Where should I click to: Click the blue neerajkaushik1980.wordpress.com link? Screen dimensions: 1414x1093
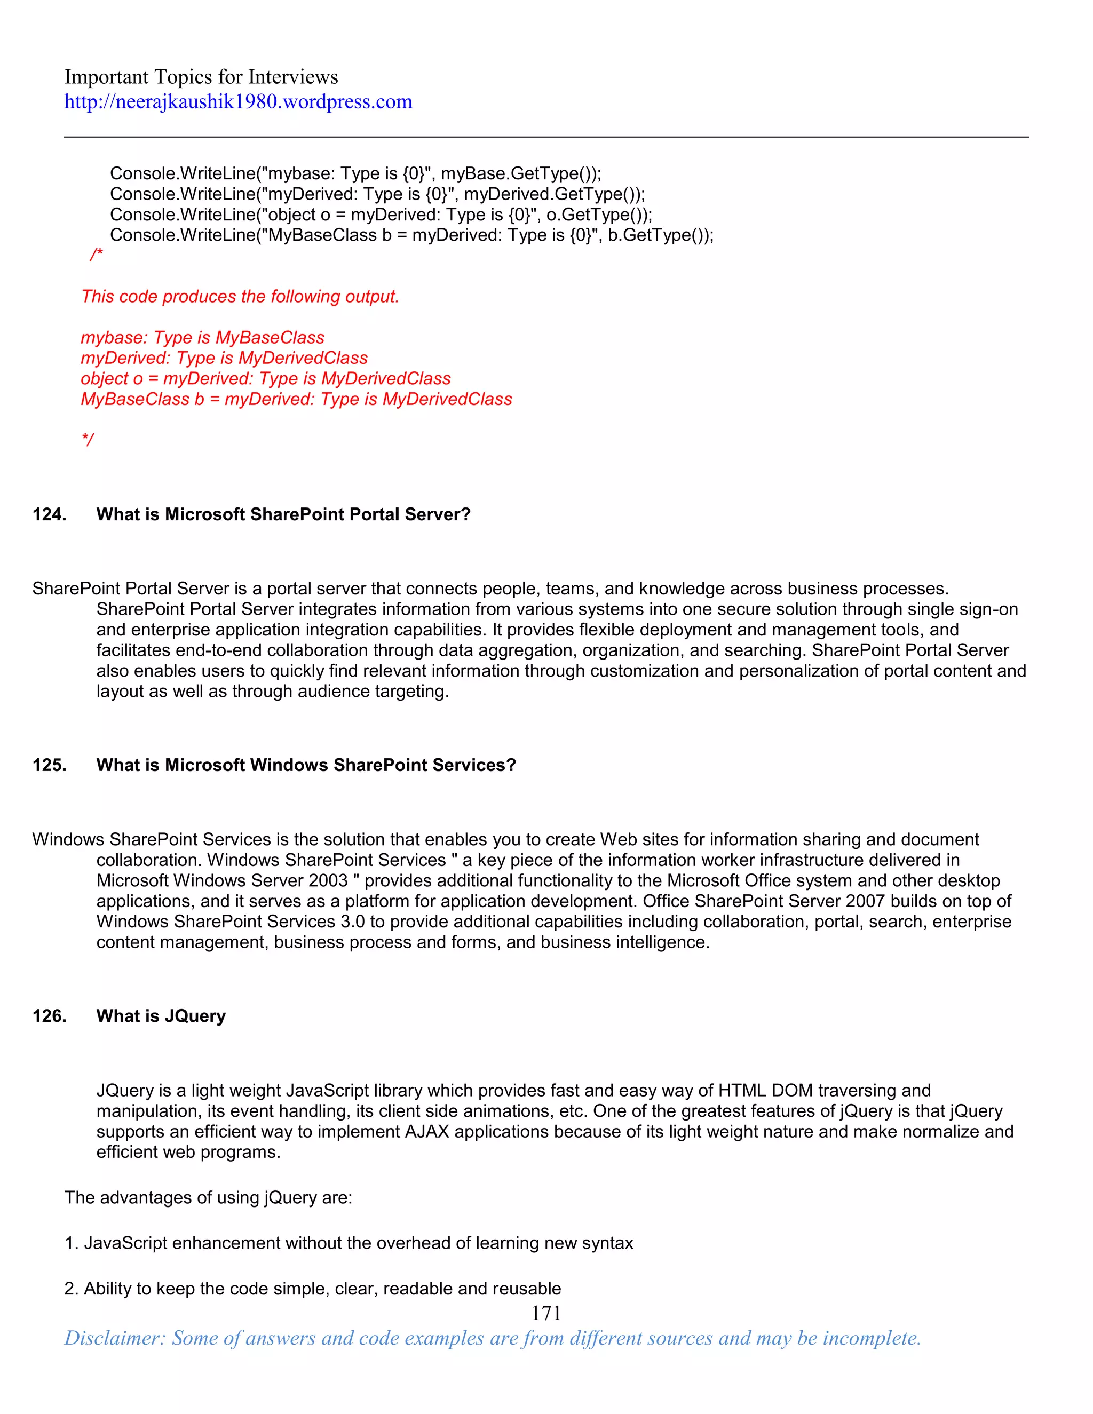[237, 101]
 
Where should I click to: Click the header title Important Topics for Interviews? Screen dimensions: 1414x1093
[201, 77]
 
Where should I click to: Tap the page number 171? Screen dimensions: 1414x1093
[546, 1313]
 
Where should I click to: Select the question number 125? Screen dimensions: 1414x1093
[49, 765]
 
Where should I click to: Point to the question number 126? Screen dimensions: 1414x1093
[49, 1016]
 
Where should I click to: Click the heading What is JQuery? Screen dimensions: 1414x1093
[161, 1016]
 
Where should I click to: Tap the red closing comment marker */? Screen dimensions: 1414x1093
[88, 440]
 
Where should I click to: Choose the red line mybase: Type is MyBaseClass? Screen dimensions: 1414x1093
[202, 337]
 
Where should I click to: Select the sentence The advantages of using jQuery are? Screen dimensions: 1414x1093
[208, 1197]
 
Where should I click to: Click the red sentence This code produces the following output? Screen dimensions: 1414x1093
[240, 297]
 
